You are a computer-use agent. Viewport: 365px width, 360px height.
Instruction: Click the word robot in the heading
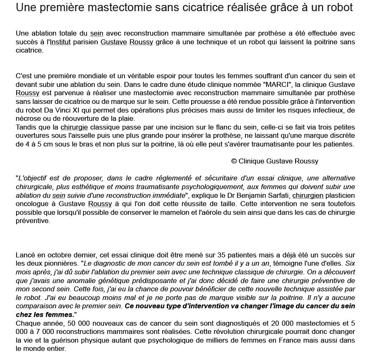(x=340, y=7)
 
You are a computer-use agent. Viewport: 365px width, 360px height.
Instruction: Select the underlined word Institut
(x=60, y=42)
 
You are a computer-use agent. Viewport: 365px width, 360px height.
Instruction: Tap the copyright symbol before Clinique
(x=234, y=161)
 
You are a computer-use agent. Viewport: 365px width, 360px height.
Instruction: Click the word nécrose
(x=28, y=119)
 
